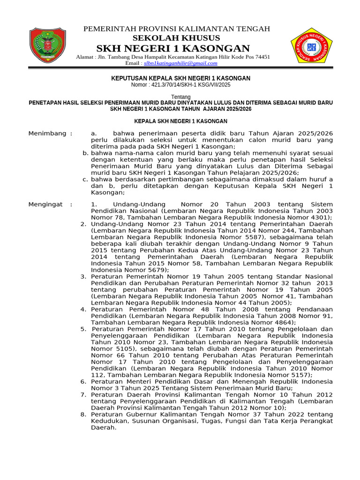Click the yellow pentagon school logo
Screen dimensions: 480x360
[311, 47]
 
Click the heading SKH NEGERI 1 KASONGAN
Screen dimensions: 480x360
[173, 48]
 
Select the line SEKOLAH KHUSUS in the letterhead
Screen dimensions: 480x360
[176, 38]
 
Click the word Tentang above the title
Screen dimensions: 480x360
[180, 97]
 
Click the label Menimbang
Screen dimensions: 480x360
[47, 134]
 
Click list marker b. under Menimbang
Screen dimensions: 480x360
[85, 153]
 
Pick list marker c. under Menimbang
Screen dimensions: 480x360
[85, 180]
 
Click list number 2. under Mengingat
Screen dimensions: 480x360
[83, 224]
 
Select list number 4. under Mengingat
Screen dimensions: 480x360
[83, 309]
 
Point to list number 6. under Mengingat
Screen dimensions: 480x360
[83, 382]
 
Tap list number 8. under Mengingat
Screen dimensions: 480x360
[83, 414]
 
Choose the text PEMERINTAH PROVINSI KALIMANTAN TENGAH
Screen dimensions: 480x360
[177, 29]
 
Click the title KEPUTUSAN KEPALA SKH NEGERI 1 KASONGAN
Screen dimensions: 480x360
[180, 78]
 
